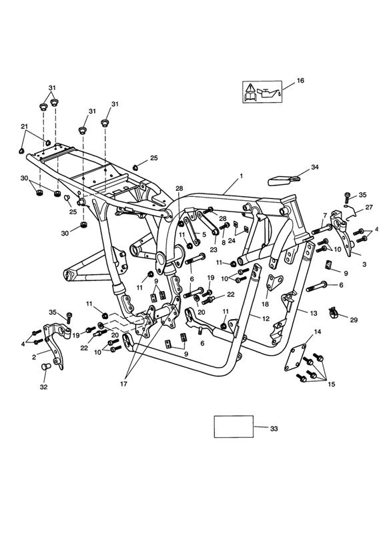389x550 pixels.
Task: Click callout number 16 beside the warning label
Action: point(300,81)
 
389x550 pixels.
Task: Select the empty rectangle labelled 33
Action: point(234,427)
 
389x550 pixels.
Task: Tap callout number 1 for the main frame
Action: point(241,176)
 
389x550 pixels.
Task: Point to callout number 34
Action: point(315,168)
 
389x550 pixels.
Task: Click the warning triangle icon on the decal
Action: point(250,87)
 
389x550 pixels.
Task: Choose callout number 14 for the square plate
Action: point(317,332)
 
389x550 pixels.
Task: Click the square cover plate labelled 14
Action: point(295,357)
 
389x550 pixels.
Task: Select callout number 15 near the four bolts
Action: point(331,384)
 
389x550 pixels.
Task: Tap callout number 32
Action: point(43,387)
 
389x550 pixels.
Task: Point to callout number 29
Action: point(354,320)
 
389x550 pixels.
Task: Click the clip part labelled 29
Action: point(333,312)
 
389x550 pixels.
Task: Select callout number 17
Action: point(123,384)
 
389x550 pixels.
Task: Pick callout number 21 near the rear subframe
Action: point(24,126)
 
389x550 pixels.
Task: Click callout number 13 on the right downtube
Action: point(313,313)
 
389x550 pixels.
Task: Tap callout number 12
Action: point(266,318)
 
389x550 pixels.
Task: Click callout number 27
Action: point(369,207)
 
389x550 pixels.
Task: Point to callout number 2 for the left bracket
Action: point(34,357)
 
